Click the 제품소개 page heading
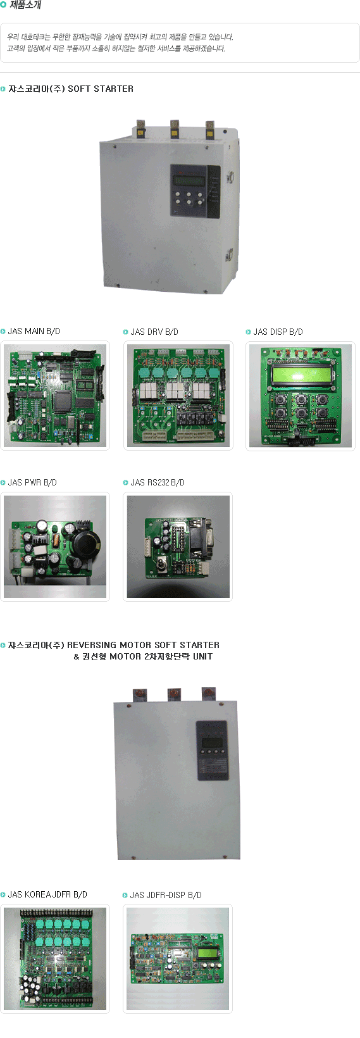point(25,5)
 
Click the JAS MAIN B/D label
point(34,331)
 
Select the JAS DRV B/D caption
point(154,332)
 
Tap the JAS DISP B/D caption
point(278,332)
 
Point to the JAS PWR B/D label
point(32,482)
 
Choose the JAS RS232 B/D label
point(158,482)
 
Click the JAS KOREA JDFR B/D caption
point(47,894)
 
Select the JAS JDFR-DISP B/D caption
point(166,895)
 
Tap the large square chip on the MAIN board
point(63,401)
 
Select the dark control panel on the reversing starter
point(211,751)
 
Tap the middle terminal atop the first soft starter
point(175,129)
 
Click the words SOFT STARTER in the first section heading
point(101,89)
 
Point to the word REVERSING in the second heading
point(92,645)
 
